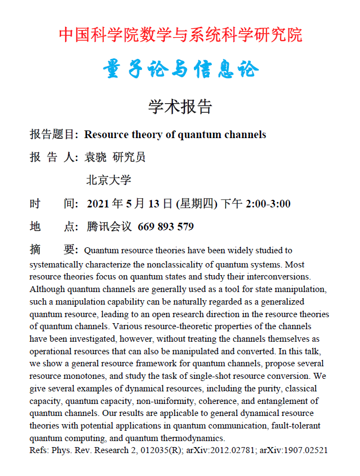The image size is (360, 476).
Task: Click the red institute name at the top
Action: [x=180, y=35]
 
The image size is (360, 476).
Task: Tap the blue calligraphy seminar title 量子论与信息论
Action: [x=180, y=70]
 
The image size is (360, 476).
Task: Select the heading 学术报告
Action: [x=180, y=106]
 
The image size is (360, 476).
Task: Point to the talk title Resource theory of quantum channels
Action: [x=175, y=134]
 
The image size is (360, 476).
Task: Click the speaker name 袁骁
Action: [x=96, y=158]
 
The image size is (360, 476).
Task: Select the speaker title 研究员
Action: [x=129, y=158]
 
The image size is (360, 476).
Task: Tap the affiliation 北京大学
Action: [x=109, y=180]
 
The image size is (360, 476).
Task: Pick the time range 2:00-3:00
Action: [x=268, y=204]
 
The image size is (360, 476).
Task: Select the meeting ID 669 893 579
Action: [x=166, y=227]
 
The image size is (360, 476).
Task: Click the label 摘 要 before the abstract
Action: [x=54, y=250]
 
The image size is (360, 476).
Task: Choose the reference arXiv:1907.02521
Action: [x=293, y=450]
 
